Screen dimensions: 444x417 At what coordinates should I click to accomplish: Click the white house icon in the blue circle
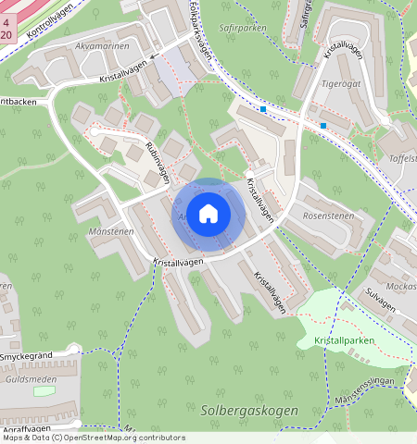tap(208, 214)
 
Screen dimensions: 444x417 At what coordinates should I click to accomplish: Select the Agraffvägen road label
tap(25, 430)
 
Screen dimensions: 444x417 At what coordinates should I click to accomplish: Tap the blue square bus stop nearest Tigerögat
tap(323, 125)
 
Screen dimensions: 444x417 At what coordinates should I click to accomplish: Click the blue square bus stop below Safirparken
tap(263, 109)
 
